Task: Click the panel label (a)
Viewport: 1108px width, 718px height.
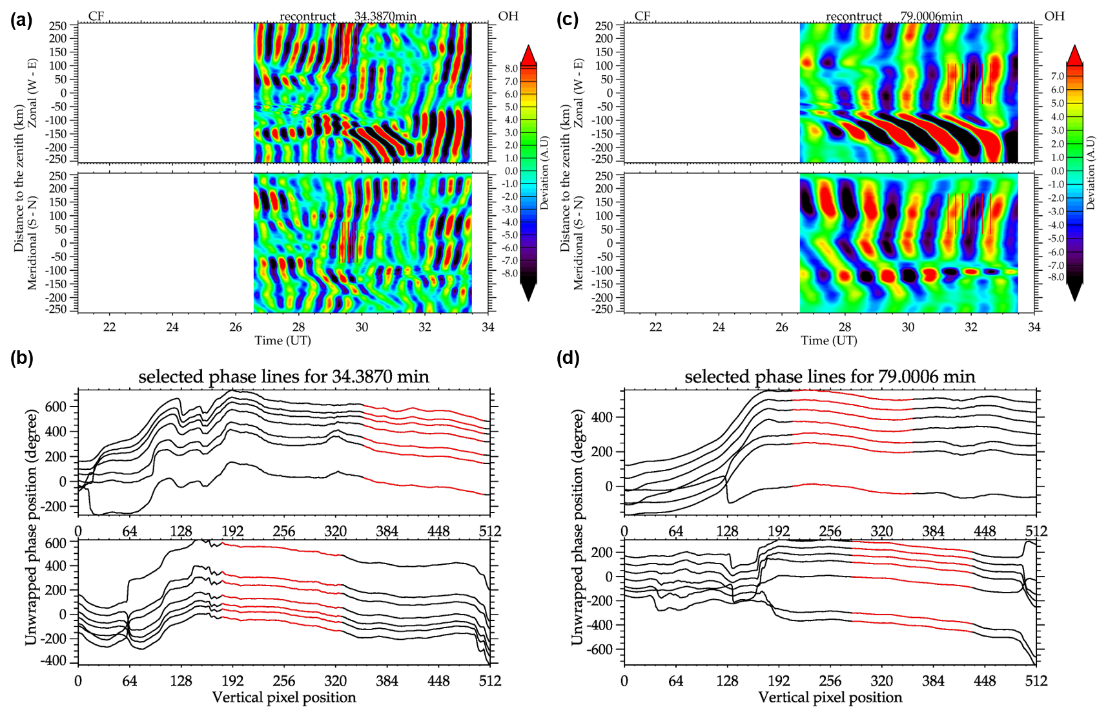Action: click(x=21, y=19)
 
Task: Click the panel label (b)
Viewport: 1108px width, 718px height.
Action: click(x=21, y=358)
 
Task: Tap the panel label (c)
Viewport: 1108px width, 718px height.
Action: click(x=568, y=19)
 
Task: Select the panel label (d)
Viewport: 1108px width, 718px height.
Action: click(x=568, y=358)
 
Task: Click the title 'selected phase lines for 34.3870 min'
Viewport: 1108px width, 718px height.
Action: click(x=283, y=377)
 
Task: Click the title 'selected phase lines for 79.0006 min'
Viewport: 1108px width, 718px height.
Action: click(x=830, y=377)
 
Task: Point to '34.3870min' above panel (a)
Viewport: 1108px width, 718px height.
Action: click(x=385, y=16)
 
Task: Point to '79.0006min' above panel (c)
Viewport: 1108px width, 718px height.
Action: click(x=931, y=16)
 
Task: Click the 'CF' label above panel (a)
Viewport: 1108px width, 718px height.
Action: click(x=96, y=16)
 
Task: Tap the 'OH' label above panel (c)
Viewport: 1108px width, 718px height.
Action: click(x=1054, y=16)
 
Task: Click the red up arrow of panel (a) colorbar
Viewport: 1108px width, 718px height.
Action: click(x=528, y=54)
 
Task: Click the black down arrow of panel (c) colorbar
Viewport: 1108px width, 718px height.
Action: click(x=1074, y=292)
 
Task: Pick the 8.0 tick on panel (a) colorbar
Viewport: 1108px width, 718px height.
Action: click(x=511, y=69)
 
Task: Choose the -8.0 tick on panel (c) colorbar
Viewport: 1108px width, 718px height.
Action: click(x=1057, y=277)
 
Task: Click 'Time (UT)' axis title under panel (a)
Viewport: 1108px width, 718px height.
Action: click(x=283, y=341)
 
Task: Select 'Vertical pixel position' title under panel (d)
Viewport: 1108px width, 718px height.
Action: click(x=830, y=697)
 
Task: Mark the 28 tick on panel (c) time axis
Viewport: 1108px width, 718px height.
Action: click(x=845, y=327)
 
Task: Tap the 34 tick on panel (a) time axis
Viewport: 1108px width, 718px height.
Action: click(x=487, y=327)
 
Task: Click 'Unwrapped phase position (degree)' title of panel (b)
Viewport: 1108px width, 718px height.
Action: click(x=31, y=527)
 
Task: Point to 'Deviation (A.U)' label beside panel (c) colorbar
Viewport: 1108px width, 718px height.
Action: click(x=1091, y=173)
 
